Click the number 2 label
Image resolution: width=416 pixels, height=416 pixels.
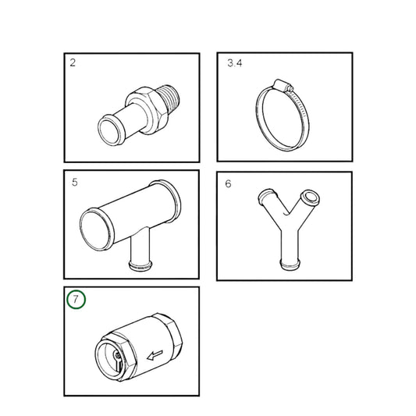point(73,62)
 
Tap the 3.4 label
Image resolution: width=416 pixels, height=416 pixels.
point(234,62)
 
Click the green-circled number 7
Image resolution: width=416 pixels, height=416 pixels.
point(75,300)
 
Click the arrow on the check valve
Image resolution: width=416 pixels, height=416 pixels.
point(155,355)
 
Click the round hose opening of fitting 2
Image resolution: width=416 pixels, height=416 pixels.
point(105,127)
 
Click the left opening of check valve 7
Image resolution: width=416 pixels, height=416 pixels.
point(108,358)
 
